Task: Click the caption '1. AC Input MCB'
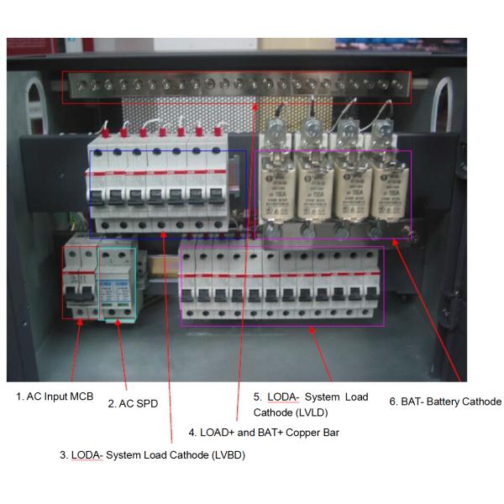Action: tap(55, 395)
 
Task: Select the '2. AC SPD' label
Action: tap(133, 403)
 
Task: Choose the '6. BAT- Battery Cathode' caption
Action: tap(445, 402)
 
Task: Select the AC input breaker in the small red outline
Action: tap(81, 282)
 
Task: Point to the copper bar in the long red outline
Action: tap(236, 87)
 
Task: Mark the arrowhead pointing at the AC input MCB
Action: tap(80, 323)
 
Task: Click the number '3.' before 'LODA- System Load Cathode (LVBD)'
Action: tap(64, 454)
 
